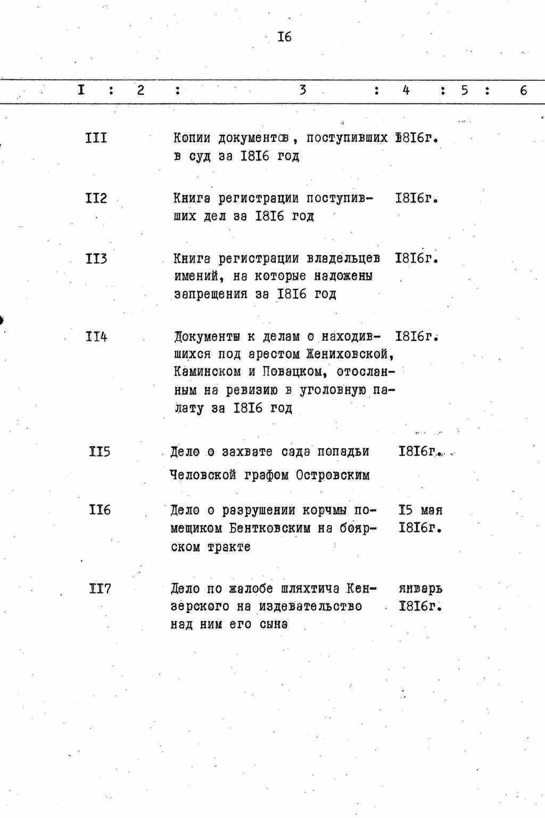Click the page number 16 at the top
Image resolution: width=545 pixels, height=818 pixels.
(284, 37)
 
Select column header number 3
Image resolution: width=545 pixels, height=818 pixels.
(302, 90)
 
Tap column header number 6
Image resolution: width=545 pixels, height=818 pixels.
(523, 91)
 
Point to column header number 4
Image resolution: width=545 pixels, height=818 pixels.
(406, 90)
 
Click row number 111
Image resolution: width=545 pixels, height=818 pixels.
(96, 138)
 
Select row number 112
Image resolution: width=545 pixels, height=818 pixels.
(96, 198)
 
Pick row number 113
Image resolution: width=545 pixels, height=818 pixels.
(96, 258)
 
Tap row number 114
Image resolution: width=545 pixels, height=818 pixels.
(96, 337)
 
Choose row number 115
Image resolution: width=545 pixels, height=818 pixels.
(100, 452)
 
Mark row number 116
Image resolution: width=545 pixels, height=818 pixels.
(100, 510)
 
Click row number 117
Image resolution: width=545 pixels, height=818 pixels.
(100, 589)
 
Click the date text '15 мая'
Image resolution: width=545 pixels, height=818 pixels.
(420, 510)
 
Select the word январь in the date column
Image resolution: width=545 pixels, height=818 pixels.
(420, 589)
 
